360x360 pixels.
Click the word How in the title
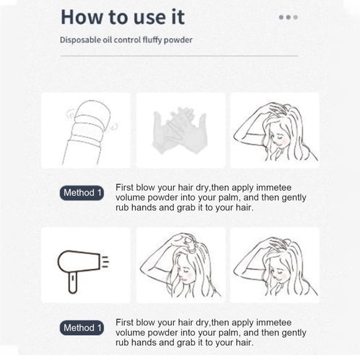[x=82, y=17]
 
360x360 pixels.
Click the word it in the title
[x=178, y=17]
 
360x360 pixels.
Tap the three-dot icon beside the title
[x=289, y=17]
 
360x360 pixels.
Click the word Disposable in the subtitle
[x=80, y=40]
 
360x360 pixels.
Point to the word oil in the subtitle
[x=107, y=40]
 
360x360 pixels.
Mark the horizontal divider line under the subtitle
[x=179, y=56]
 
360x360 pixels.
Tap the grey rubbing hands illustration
[x=180, y=130]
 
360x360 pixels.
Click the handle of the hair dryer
[x=73, y=282]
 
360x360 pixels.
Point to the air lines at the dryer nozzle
[x=105, y=261]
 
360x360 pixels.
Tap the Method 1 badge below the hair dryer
[x=82, y=328]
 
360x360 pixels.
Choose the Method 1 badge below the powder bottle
[x=82, y=192]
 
